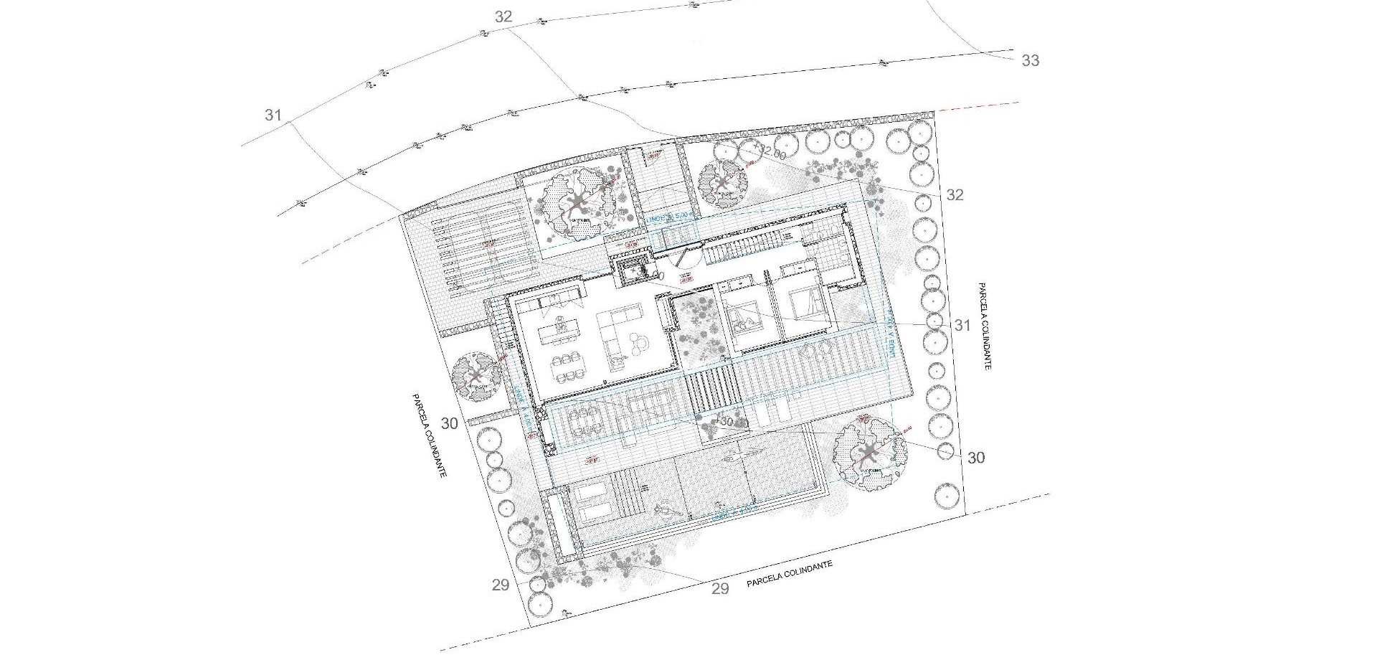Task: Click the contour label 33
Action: (1030, 60)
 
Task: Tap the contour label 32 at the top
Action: (503, 16)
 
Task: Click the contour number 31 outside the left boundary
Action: (273, 115)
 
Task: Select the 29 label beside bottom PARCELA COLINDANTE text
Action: (720, 588)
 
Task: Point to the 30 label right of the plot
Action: (976, 458)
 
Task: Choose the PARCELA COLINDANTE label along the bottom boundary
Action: (790, 574)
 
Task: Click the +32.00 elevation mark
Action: (770, 154)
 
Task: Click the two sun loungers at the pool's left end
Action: (592, 502)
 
